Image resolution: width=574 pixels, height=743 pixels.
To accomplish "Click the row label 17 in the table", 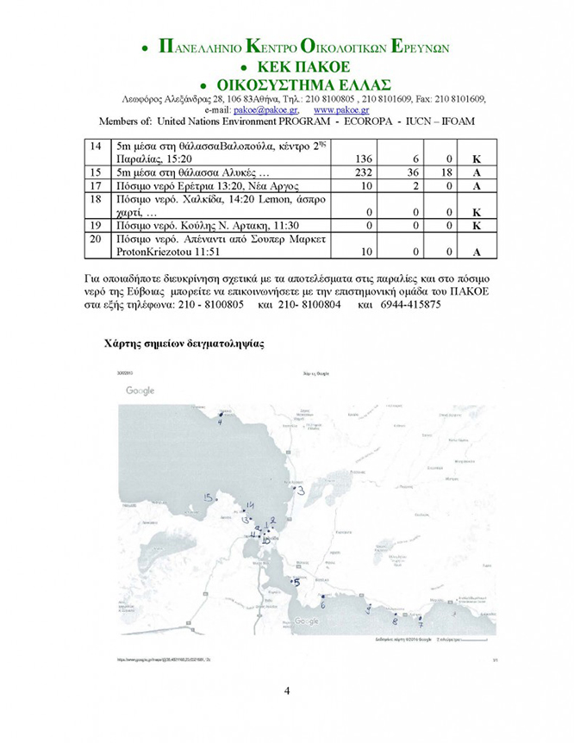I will (x=98, y=185).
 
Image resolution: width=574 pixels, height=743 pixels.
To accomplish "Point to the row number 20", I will (x=98, y=238).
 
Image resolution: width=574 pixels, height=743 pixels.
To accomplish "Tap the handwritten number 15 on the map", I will (x=209, y=498).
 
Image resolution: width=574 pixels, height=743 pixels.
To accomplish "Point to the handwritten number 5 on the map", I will (x=296, y=583).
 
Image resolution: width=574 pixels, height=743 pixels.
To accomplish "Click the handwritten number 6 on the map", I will (x=322, y=605).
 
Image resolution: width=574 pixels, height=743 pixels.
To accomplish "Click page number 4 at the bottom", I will (x=287, y=691).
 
